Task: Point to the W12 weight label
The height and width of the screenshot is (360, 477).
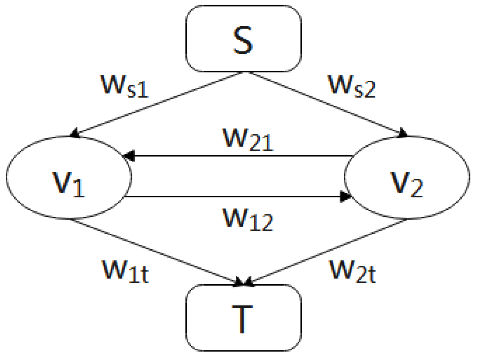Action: coord(247,220)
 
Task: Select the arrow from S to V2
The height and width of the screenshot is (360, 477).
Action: coord(328,104)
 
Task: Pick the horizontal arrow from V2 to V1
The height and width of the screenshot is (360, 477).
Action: coord(239,156)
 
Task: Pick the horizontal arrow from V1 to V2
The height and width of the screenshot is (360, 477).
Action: coord(239,196)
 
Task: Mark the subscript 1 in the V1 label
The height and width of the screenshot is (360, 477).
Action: coord(79,189)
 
